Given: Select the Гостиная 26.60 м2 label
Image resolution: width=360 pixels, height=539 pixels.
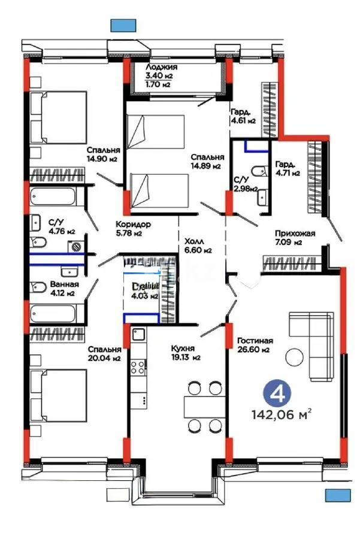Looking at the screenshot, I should pyautogui.click(x=255, y=344).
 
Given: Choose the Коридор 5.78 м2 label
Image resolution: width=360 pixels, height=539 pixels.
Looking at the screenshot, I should pyautogui.click(x=133, y=229).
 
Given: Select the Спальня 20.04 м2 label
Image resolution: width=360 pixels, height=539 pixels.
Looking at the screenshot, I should pyautogui.click(x=105, y=353).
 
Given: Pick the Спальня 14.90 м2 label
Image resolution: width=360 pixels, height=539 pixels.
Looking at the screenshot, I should pyautogui.click(x=102, y=155).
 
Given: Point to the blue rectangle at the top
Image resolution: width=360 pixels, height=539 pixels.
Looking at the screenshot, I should pyautogui.click(x=122, y=25).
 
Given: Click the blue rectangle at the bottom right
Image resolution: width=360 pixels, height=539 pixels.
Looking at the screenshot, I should pyautogui.click(x=338, y=495).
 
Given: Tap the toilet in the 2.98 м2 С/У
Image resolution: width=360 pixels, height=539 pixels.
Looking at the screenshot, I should pyautogui.click(x=259, y=172).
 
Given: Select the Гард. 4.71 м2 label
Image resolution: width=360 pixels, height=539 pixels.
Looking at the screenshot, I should pyautogui.click(x=288, y=169).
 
